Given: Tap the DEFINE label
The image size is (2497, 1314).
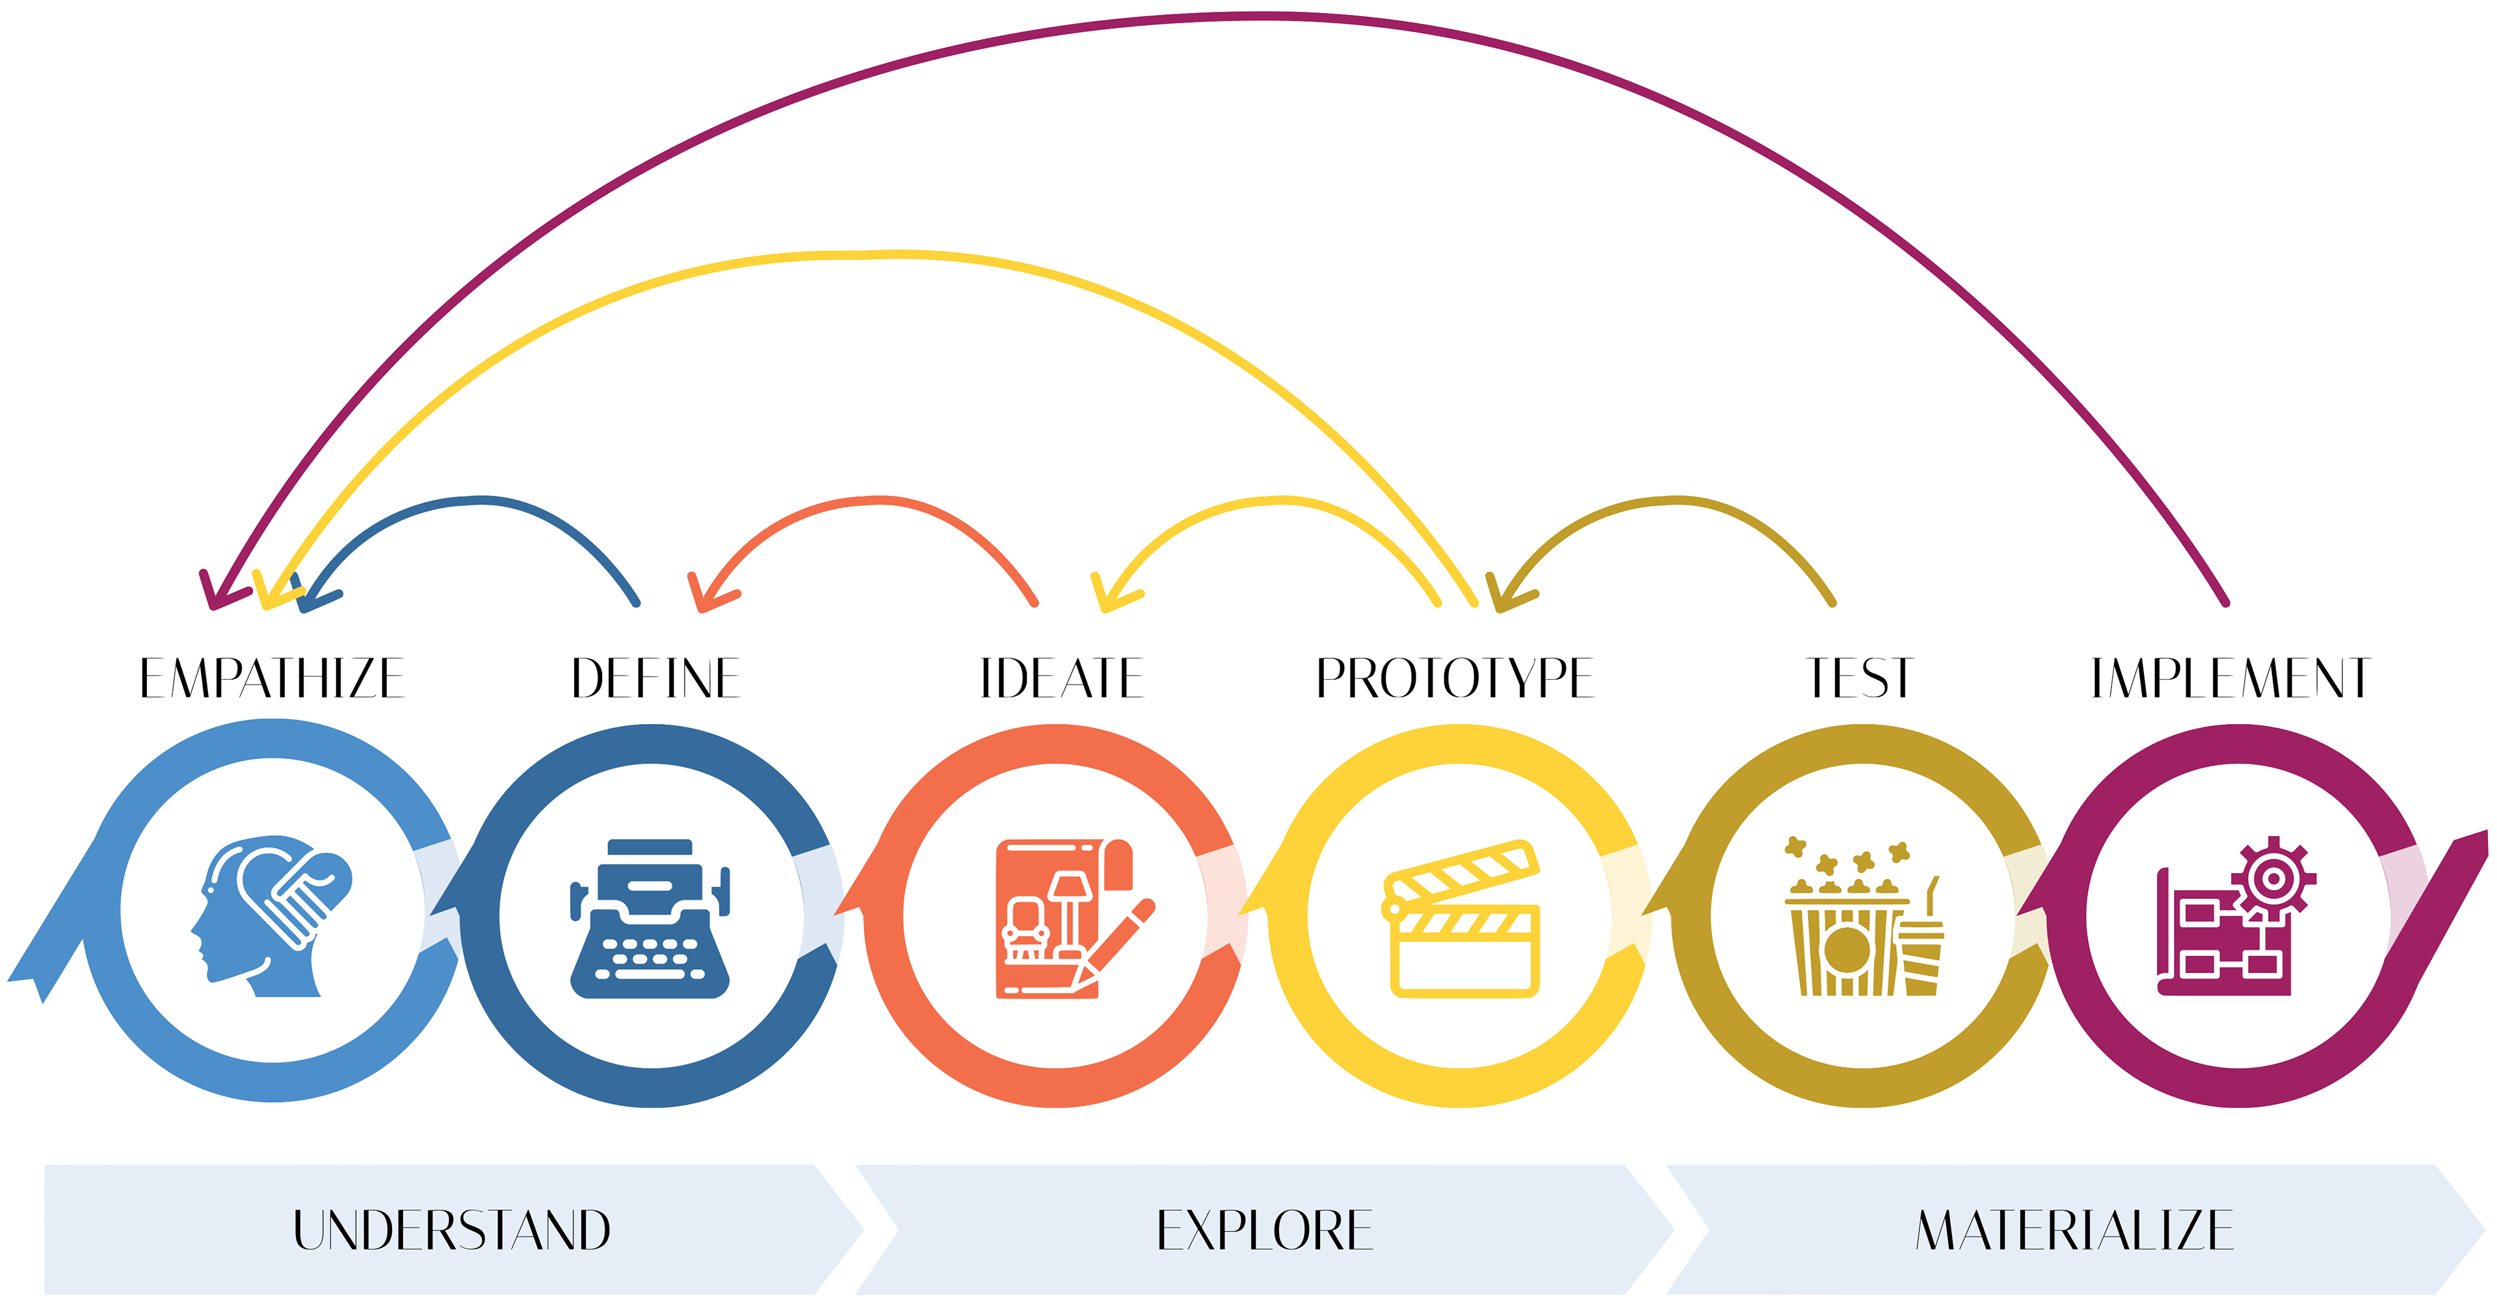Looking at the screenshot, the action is coord(656,678).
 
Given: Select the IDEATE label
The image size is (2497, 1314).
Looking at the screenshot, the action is coord(1061,678).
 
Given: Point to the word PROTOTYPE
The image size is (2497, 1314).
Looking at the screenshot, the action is coord(1454,678).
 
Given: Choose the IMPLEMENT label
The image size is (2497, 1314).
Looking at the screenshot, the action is coord(2230,678).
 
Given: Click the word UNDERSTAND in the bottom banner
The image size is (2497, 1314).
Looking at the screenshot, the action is coord(452,1229).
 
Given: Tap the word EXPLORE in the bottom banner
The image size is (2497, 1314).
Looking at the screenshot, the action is coord(1265,1229).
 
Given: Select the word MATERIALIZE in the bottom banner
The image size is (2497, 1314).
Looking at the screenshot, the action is coord(2074,1229).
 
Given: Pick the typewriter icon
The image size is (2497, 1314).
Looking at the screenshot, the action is coord(650,918).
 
